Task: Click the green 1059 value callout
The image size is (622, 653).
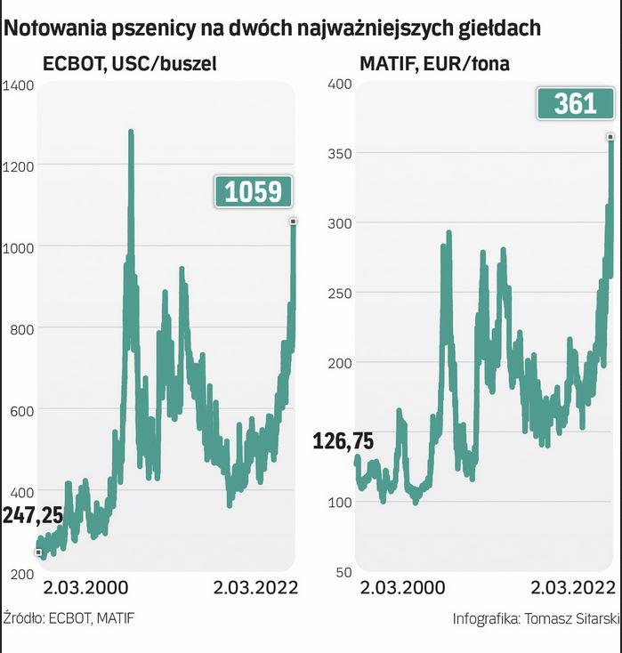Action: coord(253,191)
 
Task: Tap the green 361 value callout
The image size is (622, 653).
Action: coord(575,104)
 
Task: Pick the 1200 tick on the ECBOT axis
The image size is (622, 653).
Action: coord(19,166)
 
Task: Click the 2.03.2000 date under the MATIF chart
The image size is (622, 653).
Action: coord(402,588)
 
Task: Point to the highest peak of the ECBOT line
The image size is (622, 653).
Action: coord(131,133)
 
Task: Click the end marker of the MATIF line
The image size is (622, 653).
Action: coord(610,136)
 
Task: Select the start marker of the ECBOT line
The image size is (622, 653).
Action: coord(38,552)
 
